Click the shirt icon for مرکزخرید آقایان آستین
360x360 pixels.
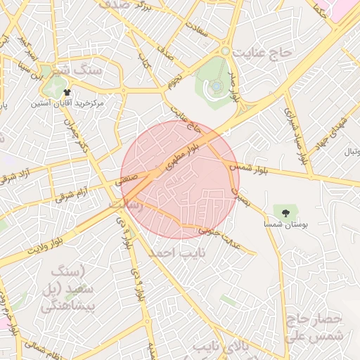(67, 92)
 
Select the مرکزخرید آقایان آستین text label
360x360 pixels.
(67, 103)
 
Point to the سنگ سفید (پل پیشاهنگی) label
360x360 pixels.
(67, 289)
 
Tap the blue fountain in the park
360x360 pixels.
(217, 86)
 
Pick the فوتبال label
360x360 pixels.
(351, 151)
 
